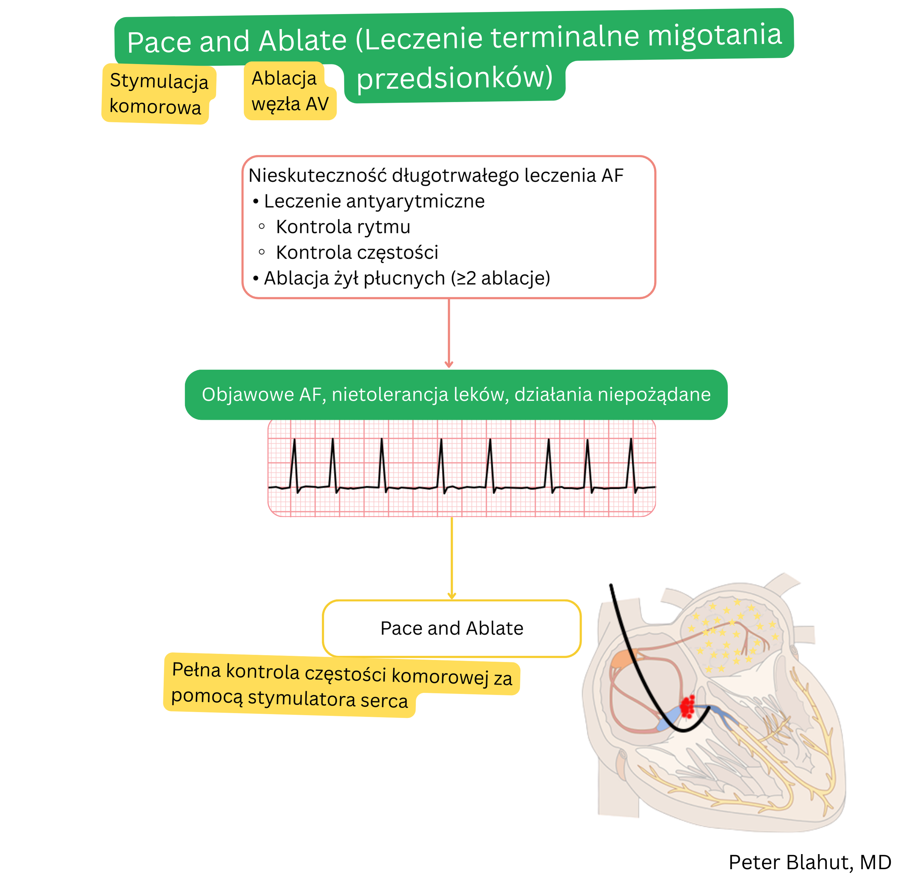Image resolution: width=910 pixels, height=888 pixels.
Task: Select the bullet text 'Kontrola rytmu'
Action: (343, 227)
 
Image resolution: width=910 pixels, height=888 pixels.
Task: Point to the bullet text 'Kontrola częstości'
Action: (357, 253)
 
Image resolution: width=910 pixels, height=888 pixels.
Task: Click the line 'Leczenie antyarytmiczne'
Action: (374, 201)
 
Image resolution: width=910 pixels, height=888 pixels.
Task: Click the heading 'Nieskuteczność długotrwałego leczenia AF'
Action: (435, 176)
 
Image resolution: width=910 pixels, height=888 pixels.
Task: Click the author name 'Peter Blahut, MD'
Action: (810, 862)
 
